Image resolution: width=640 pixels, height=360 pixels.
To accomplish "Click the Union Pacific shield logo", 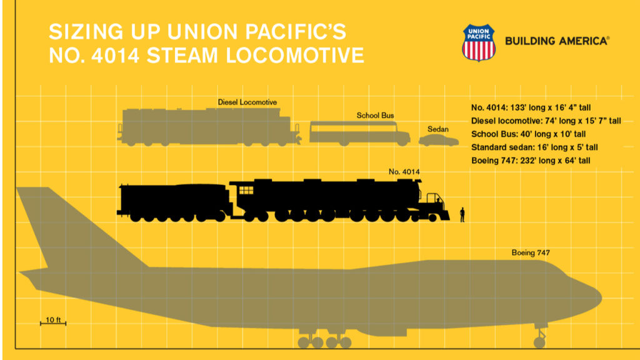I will click(x=478, y=42).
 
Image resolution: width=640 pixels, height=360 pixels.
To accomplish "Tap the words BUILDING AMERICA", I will click(x=556, y=41).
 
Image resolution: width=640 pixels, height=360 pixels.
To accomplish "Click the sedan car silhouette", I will click(x=438, y=140).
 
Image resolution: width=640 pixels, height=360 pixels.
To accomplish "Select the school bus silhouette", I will click(x=359, y=134).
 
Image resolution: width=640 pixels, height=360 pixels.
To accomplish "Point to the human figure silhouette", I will click(x=462, y=214).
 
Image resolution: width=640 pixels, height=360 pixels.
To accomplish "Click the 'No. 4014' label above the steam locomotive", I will click(x=404, y=171).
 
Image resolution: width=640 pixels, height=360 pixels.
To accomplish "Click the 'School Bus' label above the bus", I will click(x=375, y=116).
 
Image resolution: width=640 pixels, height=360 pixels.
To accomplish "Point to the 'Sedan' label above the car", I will click(x=437, y=129).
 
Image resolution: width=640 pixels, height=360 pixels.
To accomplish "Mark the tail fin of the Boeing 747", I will click(x=44, y=225).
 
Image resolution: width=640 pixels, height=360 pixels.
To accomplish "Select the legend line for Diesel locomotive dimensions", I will click(x=546, y=121).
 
